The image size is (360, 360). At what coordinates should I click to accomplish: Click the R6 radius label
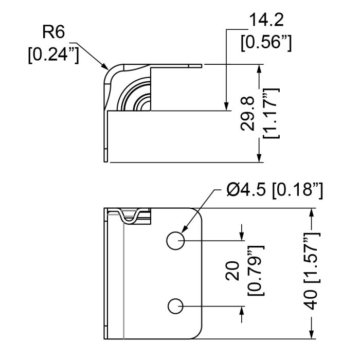click(x=53, y=32)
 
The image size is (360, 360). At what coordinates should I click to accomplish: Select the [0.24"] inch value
click(x=53, y=55)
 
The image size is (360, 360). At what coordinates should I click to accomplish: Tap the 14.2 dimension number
click(x=266, y=20)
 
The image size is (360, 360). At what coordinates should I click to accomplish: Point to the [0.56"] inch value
click(x=266, y=43)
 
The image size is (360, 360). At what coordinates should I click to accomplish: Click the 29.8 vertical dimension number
click(x=247, y=114)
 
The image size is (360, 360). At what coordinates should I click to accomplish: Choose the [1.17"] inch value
click(x=271, y=113)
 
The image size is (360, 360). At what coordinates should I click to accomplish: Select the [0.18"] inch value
click(x=298, y=190)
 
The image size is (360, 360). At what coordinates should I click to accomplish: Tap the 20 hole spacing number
click(x=232, y=271)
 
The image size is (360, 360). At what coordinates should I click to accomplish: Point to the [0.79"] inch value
click(x=256, y=271)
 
